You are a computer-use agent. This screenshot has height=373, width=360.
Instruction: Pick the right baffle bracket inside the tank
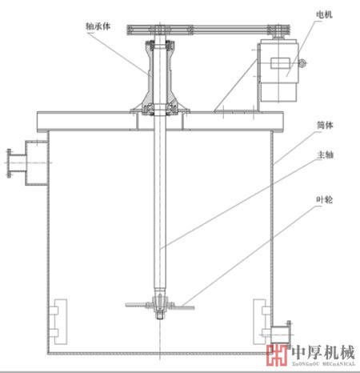coord(260,319)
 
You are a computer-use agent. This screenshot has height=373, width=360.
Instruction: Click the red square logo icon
coord(276,355)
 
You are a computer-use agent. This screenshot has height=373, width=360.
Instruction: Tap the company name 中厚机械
coord(322,351)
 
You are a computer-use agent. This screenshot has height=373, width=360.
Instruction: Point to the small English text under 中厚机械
coord(322,364)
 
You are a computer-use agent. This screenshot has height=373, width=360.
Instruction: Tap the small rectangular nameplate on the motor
coord(282,64)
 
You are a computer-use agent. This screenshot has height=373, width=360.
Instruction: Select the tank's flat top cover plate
coord(160,121)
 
